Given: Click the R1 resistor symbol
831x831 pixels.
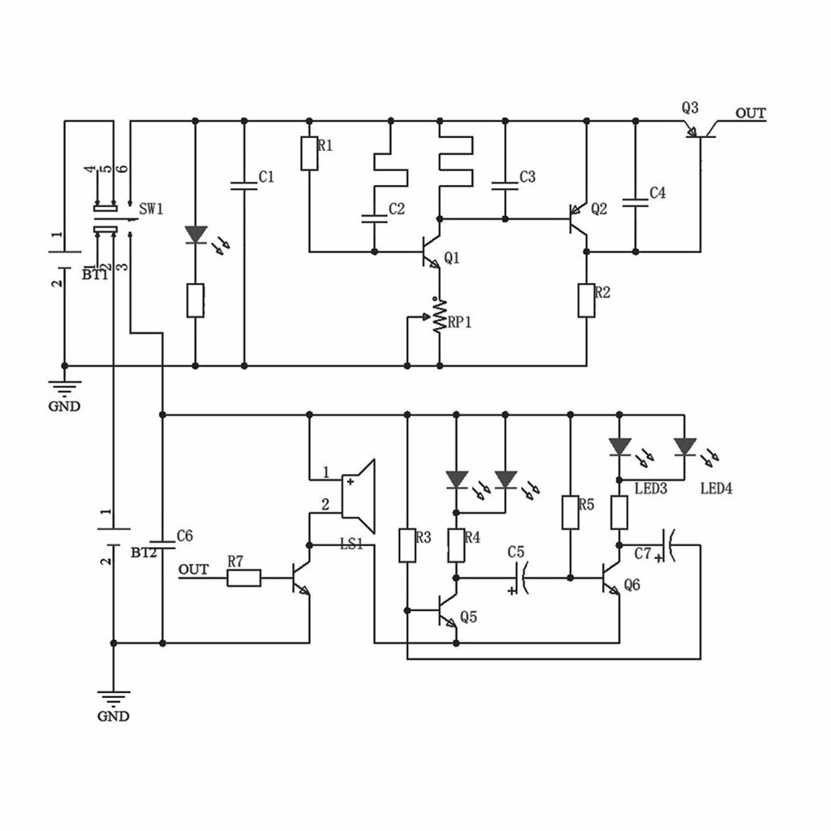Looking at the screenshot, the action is click(309, 153).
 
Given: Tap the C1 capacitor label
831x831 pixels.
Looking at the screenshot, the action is click(266, 177).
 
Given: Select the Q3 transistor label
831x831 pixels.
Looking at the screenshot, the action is click(690, 109).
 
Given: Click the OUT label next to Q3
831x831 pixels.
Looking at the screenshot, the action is click(751, 114).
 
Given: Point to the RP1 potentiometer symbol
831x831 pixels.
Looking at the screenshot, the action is click(439, 316).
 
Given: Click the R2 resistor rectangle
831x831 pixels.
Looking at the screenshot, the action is click(586, 300).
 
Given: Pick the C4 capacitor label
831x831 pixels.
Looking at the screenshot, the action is click(657, 193).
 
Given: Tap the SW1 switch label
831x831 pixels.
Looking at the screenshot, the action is click(151, 209).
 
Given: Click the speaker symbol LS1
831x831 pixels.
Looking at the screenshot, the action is click(359, 496).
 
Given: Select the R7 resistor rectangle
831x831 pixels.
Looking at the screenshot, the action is click(243, 578).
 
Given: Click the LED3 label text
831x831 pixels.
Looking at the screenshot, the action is click(651, 488).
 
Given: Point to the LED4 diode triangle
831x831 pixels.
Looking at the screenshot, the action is click(684, 446).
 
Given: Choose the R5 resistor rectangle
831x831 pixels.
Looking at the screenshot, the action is click(571, 513).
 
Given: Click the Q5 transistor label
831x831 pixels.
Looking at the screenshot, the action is click(468, 617).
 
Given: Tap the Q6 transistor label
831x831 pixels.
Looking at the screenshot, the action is click(632, 584).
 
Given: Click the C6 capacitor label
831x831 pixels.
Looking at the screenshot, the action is click(184, 536).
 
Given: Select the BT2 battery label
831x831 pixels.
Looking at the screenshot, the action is click(144, 553).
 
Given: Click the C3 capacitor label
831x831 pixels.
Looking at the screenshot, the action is click(527, 177).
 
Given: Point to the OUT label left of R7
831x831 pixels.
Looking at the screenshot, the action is click(193, 570).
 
